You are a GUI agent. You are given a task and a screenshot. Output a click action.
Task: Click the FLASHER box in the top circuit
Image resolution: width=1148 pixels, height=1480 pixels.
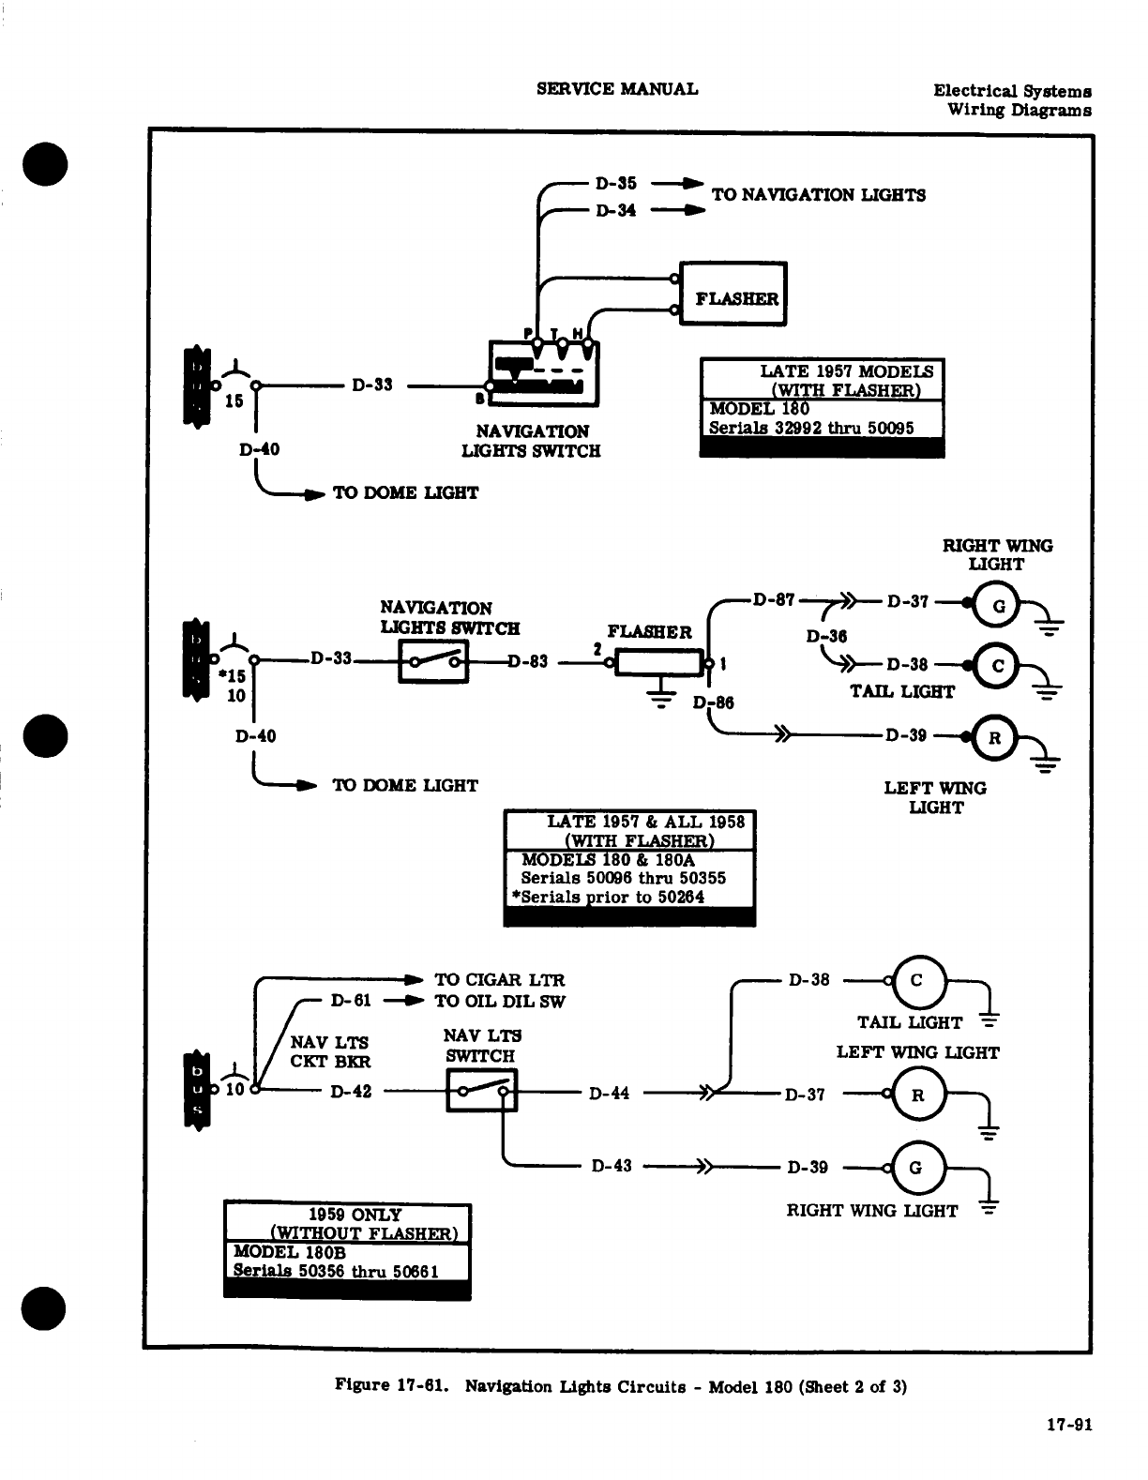point(733,294)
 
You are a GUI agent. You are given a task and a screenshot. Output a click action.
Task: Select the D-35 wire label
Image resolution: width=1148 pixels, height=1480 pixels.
point(615,183)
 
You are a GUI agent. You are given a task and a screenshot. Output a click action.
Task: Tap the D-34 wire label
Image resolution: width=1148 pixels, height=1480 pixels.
point(615,210)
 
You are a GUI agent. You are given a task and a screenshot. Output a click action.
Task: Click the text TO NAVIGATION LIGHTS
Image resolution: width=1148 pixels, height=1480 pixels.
point(819,195)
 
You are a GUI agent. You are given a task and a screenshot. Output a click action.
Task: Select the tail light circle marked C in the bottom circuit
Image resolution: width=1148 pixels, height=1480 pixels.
point(917,981)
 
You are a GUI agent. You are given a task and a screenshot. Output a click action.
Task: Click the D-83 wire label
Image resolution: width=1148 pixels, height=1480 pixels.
point(528,661)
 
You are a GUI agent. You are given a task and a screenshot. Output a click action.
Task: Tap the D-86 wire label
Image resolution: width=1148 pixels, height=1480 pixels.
point(714,702)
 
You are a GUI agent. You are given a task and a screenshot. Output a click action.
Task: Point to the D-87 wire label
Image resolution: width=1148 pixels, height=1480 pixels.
point(774,600)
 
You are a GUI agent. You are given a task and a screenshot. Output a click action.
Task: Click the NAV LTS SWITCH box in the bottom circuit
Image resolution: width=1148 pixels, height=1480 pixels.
point(481,1091)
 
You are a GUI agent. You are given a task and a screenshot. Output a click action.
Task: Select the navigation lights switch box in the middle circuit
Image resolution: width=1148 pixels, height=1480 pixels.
point(433,661)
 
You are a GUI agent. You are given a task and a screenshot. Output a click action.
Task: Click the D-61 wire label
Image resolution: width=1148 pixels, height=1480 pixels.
point(351,1000)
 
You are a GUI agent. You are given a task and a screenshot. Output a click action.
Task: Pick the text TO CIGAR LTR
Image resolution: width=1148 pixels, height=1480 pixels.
point(500,979)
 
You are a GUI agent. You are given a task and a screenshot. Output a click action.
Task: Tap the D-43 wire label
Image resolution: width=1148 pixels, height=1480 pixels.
point(612,1166)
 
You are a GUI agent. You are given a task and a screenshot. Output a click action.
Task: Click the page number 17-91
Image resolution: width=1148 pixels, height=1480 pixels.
point(1069,1424)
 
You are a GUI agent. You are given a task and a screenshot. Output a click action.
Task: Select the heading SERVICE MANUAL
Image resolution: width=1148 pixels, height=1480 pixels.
point(617,89)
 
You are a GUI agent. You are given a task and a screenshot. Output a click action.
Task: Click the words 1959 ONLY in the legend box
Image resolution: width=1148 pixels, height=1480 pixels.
point(355,1215)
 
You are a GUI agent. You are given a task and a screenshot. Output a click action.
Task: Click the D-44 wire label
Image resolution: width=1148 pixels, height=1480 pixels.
point(609,1094)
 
